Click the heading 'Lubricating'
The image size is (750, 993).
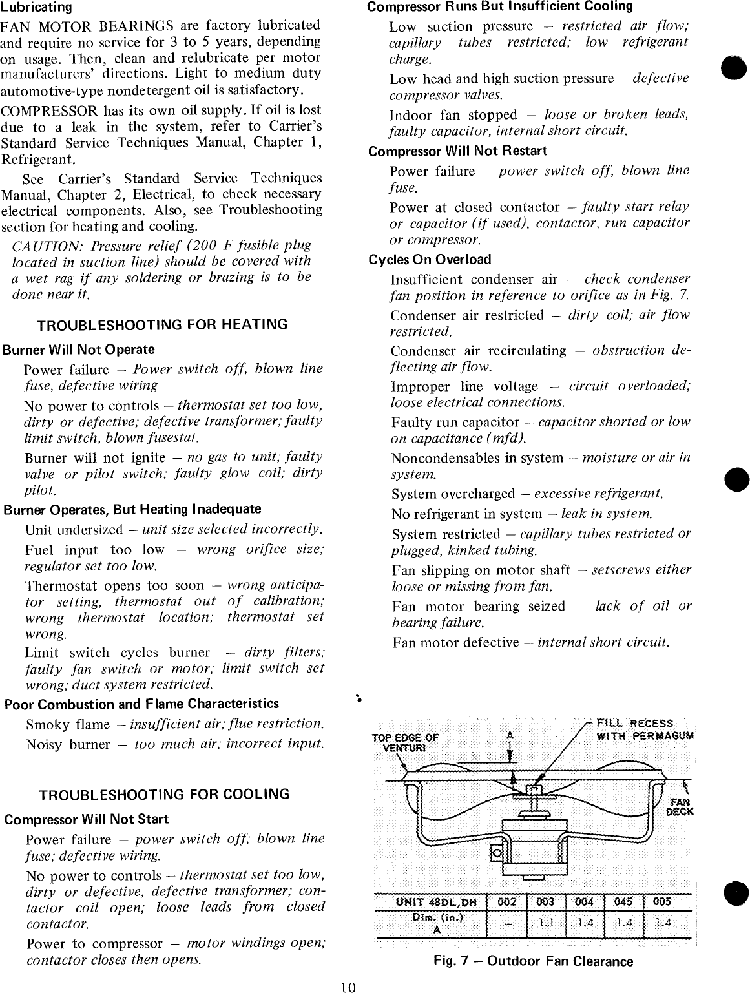pos(36,8)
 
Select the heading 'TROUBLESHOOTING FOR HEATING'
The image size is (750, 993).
pos(162,324)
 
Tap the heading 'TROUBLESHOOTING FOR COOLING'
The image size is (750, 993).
pos(164,794)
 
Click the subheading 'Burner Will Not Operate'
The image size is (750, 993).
pos(79,350)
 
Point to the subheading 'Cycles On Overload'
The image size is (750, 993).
pos(430,260)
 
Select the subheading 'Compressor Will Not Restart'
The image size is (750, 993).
pos(457,151)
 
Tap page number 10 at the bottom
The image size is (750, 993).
pos(349,987)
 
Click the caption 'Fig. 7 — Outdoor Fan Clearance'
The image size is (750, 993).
pos(533,961)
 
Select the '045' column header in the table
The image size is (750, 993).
pos(623,902)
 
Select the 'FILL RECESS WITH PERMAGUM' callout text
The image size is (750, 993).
pos(636,729)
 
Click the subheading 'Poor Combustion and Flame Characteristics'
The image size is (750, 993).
pos(141,704)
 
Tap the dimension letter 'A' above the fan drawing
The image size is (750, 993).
pos(510,735)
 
